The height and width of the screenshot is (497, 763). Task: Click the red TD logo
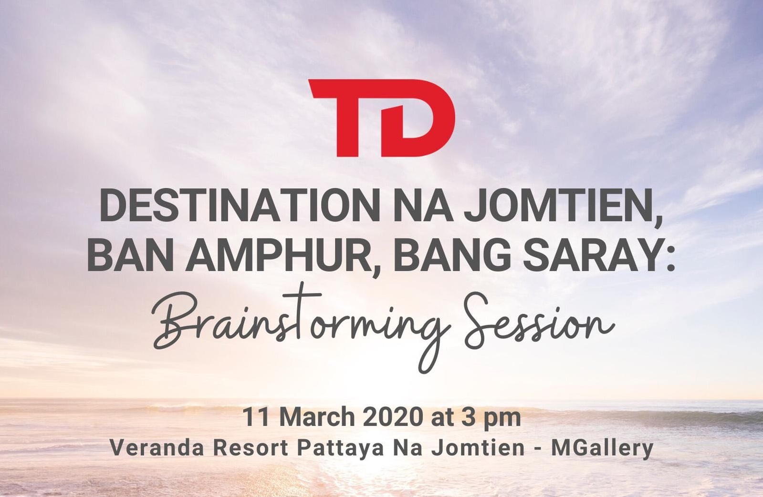click(382, 118)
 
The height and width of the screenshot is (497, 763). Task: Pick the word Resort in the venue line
click(251, 448)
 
